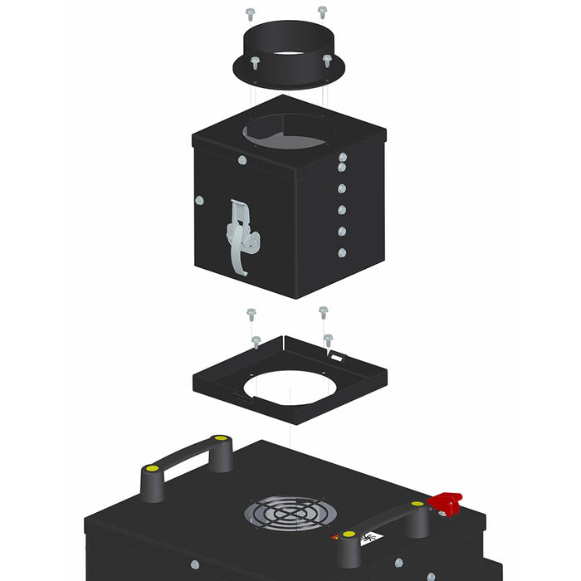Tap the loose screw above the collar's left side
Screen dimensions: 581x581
point(251,13)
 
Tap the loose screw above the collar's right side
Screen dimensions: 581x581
point(322,12)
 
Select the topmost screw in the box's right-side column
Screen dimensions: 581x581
point(341,157)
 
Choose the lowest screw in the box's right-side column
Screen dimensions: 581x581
point(341,252)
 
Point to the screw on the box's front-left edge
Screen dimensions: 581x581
point(200,200)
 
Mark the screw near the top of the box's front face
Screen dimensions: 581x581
point(242,160)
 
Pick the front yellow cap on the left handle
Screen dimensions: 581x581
point(152,469)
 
